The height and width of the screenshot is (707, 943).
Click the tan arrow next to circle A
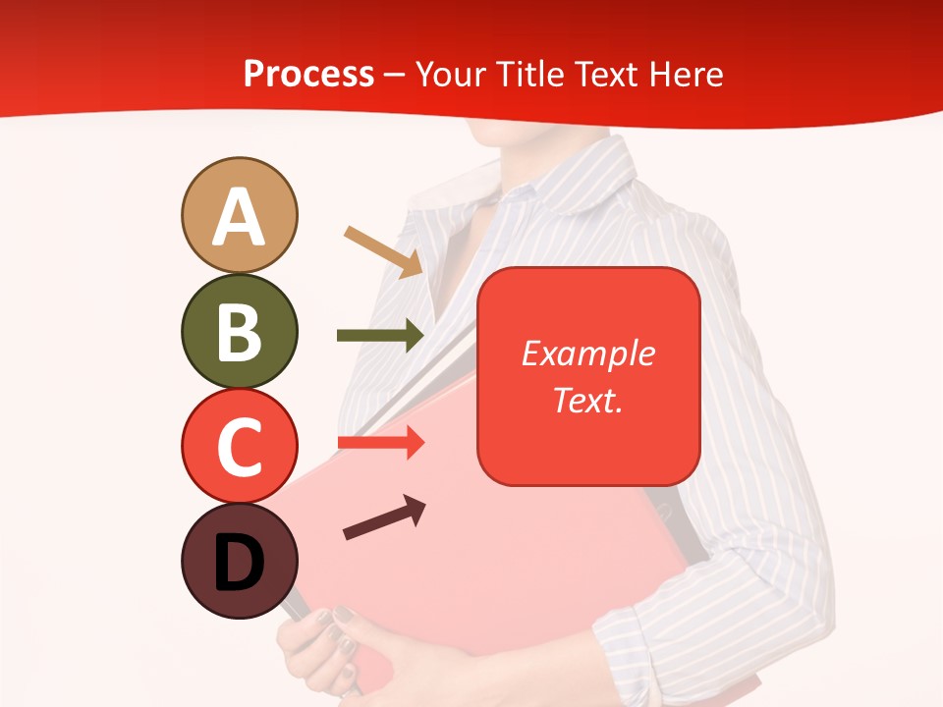384,251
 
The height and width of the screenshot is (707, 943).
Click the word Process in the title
308,75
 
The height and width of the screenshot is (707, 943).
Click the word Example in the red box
587,353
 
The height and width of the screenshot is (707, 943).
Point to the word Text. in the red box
587,400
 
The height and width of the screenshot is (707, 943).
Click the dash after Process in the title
395,75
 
